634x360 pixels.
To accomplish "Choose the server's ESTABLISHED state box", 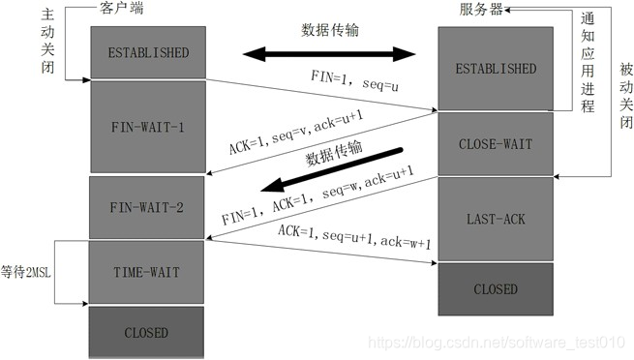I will click(495, 70).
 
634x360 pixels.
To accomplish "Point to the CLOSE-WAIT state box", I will click(495, 144).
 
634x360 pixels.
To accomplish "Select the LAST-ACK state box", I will click(495, 219).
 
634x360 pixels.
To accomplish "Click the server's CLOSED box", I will click(495, 288).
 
